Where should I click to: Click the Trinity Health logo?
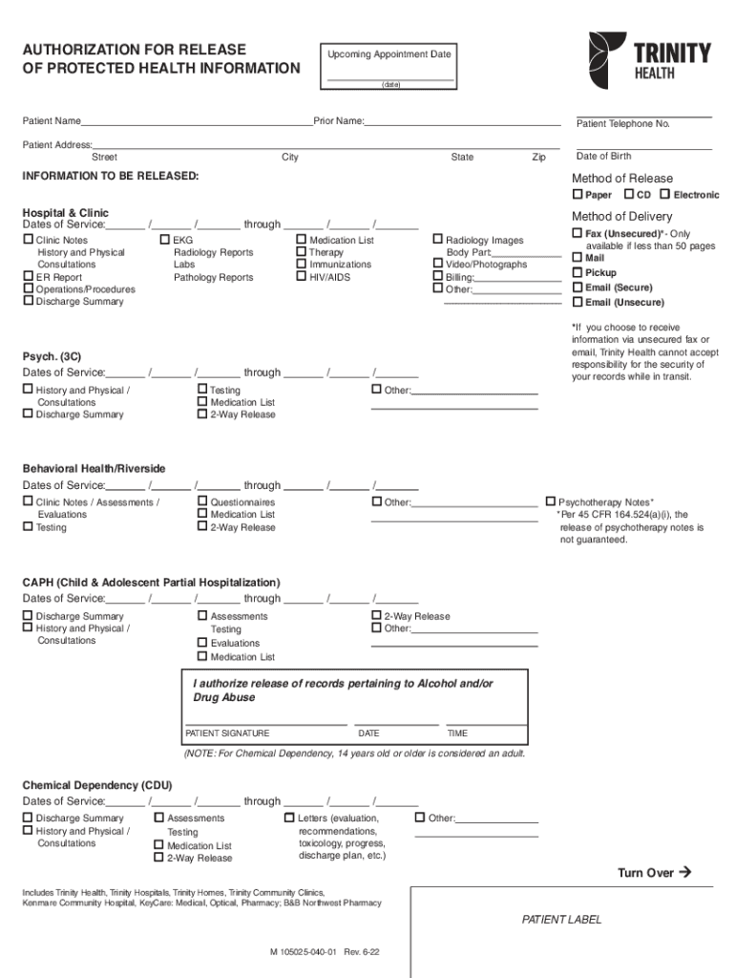pyautogui.click(x=649, y=60)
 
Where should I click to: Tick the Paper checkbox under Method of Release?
pyautogui.click(x=577, y=195)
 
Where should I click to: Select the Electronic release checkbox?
pyautogui.click(x=664, y=195)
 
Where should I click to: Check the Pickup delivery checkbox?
pyautogui.click(x=577, y=272)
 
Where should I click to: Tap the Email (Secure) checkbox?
pyautogui.click(x=577, y=287)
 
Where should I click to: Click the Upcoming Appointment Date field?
pyautogui.click(x=389, y=75)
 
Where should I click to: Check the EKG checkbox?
pyautogui.click(x=165, y=240)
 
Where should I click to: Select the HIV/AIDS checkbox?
pyautogui.click(x=302, y=277)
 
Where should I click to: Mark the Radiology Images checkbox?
pyautogui.click(x=438, y=240)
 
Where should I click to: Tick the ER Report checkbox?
pyautogui.click(x=28, y=277)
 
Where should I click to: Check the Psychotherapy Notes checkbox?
pyautogui.click(x=550, y=501)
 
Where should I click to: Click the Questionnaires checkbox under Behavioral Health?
pyautogui.click(x=202, y=501)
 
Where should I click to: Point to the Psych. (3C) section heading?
pyautogui.click(x=52, y=356)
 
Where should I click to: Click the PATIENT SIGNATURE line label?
pyautogui.click(x=227, y=733)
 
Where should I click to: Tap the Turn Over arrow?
pyautogui.click(x=683, y=872)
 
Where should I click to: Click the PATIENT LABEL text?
pyautogui.click(x=561, y=920)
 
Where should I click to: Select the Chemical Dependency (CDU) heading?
pyautogui.click(x=97, y=785)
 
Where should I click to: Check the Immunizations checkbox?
pyautogui.click(x=302, y=265)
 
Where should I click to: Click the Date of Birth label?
pyautogui.click(x=603, y=156)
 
